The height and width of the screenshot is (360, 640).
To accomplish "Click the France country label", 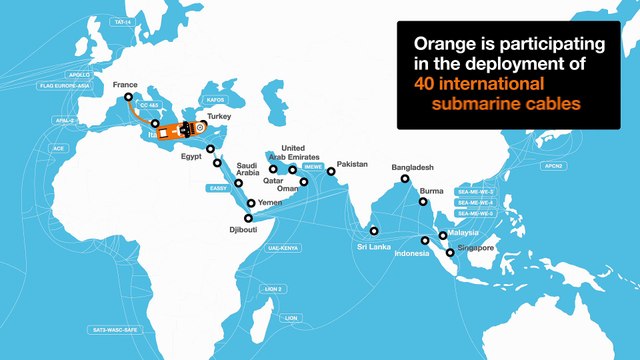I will coord(126,86).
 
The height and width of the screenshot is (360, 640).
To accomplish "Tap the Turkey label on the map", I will coord(219,117).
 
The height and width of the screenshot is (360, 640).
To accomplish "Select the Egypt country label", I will coord(190,156).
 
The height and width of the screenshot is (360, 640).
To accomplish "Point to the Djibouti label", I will coord(245,230).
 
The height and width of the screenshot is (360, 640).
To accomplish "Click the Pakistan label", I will coord(353,164).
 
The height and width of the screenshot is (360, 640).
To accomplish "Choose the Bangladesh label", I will coord(412,166).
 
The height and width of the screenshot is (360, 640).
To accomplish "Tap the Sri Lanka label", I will coord(373,245).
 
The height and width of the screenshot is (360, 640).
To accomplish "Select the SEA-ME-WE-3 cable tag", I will coord(475,191).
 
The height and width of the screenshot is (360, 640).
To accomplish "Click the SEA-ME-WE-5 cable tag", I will coord(475,213).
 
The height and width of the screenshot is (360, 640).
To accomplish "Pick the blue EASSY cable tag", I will coord(218,187).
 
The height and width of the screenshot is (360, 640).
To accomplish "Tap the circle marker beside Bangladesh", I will coord(405,180).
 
